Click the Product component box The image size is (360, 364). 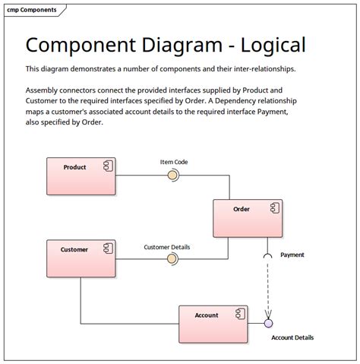pyautogui.click(x=81, y=176)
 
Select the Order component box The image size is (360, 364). pyautogui.click(x=247, y=218)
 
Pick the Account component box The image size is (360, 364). pyautogui.click(x=213, y=324)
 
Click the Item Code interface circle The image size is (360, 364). pyautogui.click(x=172, y=176)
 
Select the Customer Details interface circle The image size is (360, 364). pyautogui.click(x=172, y=259)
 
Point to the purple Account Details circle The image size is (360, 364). pyautogui.click(x=268, y=324)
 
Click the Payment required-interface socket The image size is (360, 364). pyautogui.click(x=267, y=257)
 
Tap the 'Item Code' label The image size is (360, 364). pyautogui.click(x=174, y=162)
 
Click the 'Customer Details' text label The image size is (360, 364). pyautogui.click(x=167, y=247)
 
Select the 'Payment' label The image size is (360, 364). pyautogui.click(x=292, y=255)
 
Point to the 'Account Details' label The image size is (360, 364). pyautogui.click(x=292, y=337)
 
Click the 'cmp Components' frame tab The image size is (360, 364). pyautogui.click(x=33, y=10)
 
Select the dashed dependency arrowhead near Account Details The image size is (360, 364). pyautogui.click(x=267, y=313)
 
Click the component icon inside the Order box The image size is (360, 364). pyautogui.click(x=273, y=207)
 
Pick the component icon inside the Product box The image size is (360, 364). pyautogui.click(x=107, y=166)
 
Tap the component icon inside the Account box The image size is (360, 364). pyautogui.click(x=238, y=313)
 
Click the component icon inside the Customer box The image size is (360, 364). pyautogui.click(x=107, y=248)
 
